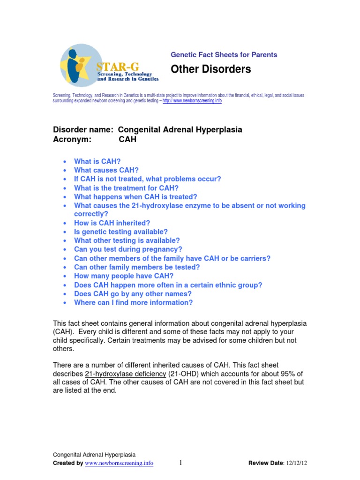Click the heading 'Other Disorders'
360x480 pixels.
210,69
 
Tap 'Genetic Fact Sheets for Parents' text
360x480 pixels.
224,55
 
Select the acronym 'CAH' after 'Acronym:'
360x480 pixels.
127,139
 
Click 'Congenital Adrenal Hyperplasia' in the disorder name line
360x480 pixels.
180,129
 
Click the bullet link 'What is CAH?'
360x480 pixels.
100,161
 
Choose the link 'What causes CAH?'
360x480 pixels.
106,170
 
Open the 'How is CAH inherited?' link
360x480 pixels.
112,223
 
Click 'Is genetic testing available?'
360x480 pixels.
120,232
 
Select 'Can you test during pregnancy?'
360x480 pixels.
128,249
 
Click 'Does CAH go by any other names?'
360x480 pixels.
133,294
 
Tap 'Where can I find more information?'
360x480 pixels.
133,303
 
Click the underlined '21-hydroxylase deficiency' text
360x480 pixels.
126,374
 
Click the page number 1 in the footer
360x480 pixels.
180,463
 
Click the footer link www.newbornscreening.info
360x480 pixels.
119,464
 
